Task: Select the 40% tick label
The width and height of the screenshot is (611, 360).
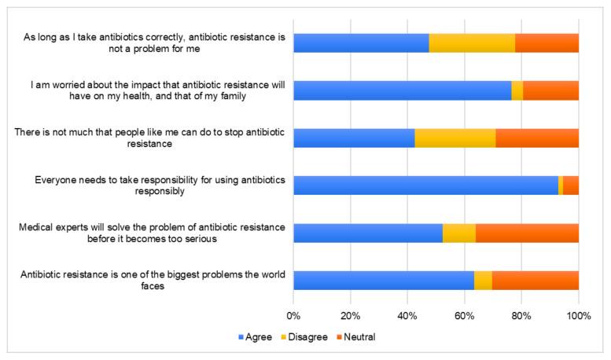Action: click(x=407, y=314)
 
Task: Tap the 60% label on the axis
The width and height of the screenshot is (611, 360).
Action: click(x=464, y=314)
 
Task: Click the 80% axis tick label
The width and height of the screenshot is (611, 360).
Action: click(x=521, y=314)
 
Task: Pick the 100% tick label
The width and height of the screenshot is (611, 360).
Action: click(x=578, y=314)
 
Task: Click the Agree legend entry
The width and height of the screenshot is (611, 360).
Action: click(x=254, y=337)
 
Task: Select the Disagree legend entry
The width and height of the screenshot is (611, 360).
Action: click(x=305, y=337)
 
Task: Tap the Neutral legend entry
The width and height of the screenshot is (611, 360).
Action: click(x=359, y=337)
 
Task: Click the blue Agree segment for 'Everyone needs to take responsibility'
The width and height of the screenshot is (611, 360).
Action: click(x=425, y=186)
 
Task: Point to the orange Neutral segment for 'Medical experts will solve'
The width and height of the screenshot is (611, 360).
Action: click(x=527, y=233)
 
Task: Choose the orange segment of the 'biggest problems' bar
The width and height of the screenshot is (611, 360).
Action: click(x=536, y=281)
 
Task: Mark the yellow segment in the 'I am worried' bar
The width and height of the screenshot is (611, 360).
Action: click(x=517, y=90)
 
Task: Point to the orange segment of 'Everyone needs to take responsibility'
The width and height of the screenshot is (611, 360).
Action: click(x=571, y=186)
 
